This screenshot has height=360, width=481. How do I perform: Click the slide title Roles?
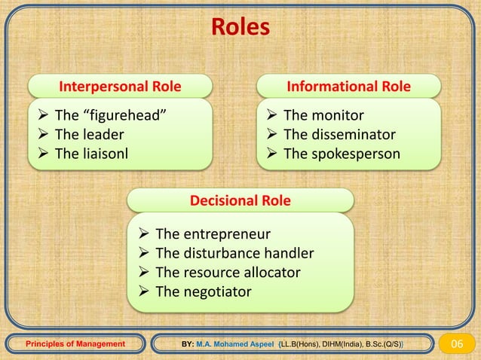tap(240, 27)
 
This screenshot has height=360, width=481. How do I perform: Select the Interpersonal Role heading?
tap(121, 87)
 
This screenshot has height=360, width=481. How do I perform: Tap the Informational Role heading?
tap(349, 87)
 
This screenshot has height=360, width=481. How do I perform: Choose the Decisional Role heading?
tap(240, 201)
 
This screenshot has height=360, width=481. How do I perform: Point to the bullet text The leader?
tap(90, 135)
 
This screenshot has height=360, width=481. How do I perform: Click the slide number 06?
tap(458, 344)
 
